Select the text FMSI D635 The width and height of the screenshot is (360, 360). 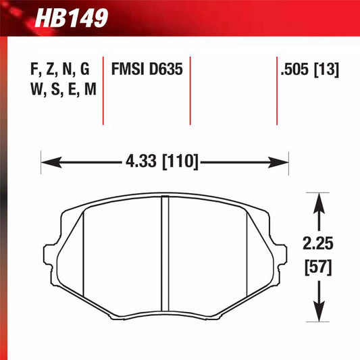pos(147,70)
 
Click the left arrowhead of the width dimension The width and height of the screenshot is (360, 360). pos(47,162)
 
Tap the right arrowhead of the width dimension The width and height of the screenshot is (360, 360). pos(283,162)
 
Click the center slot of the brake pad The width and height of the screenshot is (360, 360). pos(164,256)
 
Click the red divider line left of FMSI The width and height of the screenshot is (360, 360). pos(103,91)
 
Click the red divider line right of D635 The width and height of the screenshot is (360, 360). pos(190,91)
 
